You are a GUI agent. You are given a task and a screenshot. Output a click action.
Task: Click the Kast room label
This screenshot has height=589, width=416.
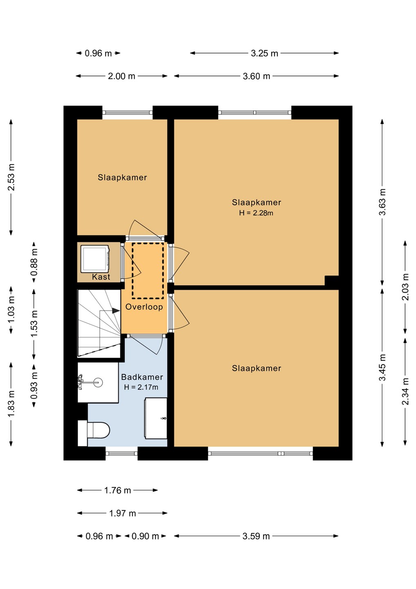pos(101,277)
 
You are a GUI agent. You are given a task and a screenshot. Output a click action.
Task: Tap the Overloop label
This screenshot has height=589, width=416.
pos(144,307)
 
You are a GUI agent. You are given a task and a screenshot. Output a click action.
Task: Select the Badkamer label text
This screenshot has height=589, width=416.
pos(142,377)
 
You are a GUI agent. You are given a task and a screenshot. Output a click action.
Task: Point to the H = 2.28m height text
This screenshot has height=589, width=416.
pos(256,213)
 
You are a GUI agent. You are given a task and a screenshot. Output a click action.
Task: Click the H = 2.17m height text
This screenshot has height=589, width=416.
pos(141,387)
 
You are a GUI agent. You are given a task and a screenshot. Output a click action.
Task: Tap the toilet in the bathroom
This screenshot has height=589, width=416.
pos(94,430)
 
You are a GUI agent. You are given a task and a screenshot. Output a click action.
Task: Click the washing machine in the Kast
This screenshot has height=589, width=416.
pos(95,259)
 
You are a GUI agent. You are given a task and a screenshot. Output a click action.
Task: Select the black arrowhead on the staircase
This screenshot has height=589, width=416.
pos(116,310)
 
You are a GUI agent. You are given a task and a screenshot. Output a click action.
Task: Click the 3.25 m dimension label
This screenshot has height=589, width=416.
pos(264,53)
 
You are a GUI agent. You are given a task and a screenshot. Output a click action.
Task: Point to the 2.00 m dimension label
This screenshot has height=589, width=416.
pos(122,76)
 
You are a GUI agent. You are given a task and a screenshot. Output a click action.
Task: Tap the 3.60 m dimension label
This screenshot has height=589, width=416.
pos(256,76)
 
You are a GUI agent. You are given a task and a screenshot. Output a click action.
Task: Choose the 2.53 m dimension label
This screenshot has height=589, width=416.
pos(11,177)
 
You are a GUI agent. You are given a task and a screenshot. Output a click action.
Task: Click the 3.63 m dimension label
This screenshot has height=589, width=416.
pos(382,202)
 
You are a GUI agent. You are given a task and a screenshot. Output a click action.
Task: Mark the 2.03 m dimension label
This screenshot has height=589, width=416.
pos(405,287)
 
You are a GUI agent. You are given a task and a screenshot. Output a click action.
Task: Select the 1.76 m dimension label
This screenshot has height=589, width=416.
pos(118,490)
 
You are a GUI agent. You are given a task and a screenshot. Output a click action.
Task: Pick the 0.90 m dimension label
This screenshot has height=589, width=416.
pos(145,536)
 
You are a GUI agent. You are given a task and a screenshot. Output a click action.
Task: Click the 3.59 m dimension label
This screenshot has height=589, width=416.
pos(256,536)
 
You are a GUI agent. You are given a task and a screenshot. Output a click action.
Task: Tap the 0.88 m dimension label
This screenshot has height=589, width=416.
pos(34,262)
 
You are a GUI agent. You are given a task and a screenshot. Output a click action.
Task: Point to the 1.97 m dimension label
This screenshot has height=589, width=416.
pos(123,513)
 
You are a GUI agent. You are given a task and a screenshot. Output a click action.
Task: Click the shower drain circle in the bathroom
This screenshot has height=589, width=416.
pos(98,382)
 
